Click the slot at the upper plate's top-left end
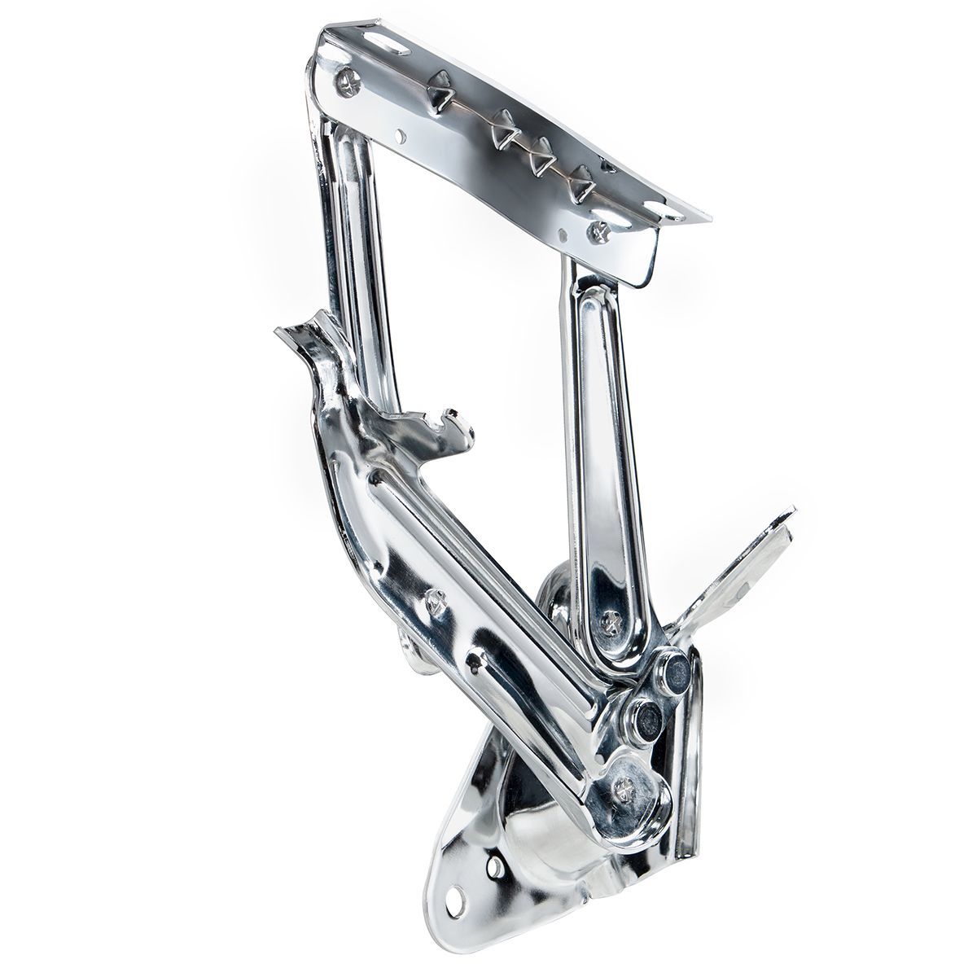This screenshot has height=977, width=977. (x=385, y=40)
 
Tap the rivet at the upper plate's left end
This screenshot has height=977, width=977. (x=349, y=81)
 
